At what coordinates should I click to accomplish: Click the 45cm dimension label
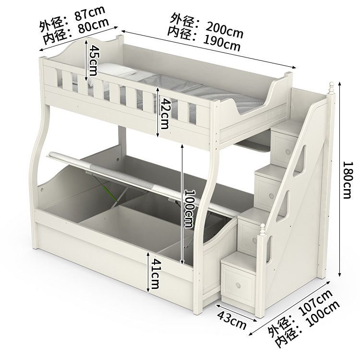93,60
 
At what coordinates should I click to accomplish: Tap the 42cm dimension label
164,113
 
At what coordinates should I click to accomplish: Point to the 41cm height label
154,274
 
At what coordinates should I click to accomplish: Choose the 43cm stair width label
231,320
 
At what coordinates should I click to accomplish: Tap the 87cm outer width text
90,14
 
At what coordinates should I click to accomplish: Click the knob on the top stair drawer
288,152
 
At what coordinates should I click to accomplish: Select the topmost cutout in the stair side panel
300,161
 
